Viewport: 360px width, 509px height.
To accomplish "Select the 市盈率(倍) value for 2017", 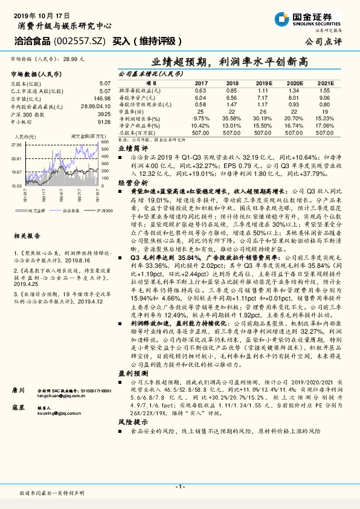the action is click(201, 111).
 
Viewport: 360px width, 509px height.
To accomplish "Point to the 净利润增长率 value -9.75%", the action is click(201, 118).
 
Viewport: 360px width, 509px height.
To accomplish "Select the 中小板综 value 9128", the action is click(104, 121).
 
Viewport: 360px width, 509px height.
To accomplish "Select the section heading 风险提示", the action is click(133, 438).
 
